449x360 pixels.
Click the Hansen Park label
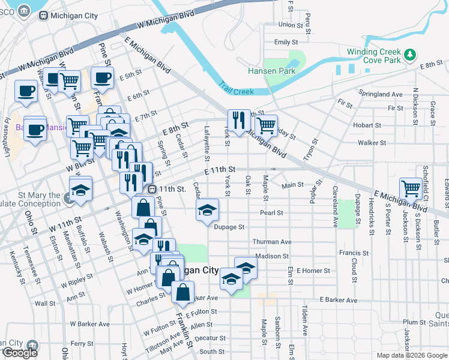(x=271, y=71)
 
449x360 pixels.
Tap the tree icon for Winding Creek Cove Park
(x=410, y=55)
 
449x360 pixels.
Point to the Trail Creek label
(x=235, y=88)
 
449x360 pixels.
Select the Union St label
(x=291, y=25)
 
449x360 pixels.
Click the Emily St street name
(x=286, y=43)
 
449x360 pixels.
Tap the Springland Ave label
(x=380, y=94)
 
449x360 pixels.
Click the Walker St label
(x=372, y=143)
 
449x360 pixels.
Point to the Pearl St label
(x=271, y=212)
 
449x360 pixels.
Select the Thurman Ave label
(x=272, y=242)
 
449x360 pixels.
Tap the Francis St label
(x=349, y=253)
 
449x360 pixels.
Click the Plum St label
(x=414, y=322)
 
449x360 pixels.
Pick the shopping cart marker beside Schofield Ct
(x=411, y=188)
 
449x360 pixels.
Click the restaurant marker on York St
(x=239, y=119)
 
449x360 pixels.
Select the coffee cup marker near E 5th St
(x=102, y=77)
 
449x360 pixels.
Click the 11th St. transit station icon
(x=152, y=188)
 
